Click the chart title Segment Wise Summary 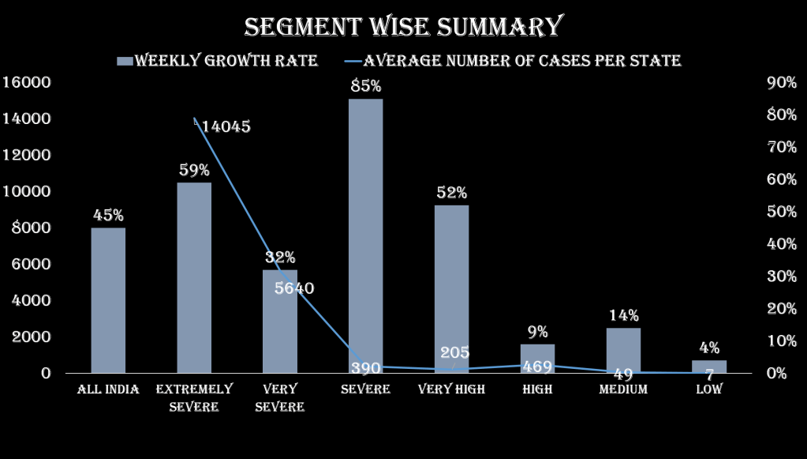(x=403, y=26)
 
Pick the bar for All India (x=108, y=300)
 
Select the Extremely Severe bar (x=194, y=277)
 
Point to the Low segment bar (x=709, y=366)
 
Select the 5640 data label (x=294, y=288)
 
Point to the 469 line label (x=537, y=367)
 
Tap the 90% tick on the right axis (x=781, y=82)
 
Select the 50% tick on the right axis (x=781, y=212)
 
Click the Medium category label (x=623, y=389)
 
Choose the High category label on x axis (x=537, y=389)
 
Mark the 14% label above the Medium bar (x=623, y=316)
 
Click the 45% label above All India (x=108, y=216)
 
